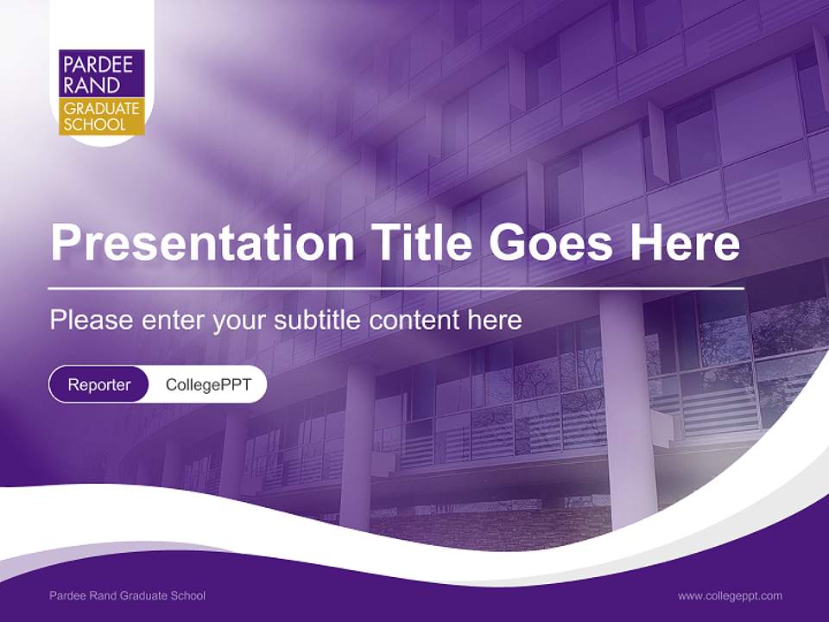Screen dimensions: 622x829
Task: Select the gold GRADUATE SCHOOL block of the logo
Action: coord(101,117)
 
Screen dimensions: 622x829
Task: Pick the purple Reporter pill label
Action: coord(99,384)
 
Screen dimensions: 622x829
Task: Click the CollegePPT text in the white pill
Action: coord(208,384)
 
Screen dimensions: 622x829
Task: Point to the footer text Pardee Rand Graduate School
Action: coord(128,595)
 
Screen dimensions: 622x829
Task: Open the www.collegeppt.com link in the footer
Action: coord(730,595)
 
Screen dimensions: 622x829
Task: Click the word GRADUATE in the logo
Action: coord(101,109)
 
